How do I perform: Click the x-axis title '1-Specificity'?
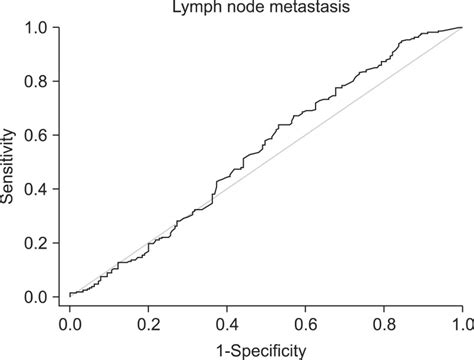point(265,349)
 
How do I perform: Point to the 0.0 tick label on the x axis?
point(70,326)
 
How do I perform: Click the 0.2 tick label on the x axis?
point(148,326)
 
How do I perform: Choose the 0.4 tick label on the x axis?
point(227,326)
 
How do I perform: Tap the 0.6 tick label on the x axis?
point(305,326)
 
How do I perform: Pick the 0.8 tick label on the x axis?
point(383,326)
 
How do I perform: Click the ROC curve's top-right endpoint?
point(461,28)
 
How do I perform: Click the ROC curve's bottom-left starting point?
point(70,295)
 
